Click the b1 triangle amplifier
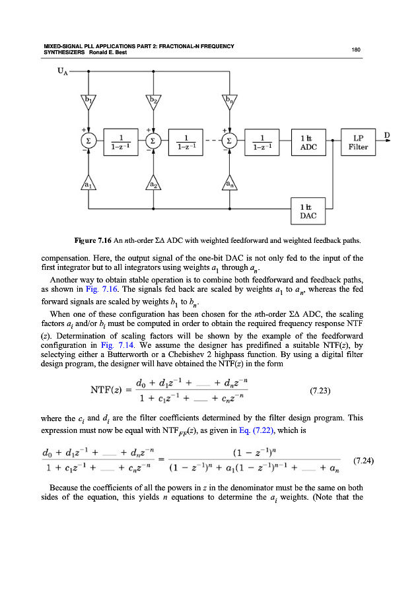pyautogui.click(x=87, y=101)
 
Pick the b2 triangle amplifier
pyautogui.click(x=153, y=101)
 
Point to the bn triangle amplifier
pyautogui.click(x=228, y=101)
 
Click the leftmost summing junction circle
pyautogui.click(x=87, y=143)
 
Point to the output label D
pyautogui.click(x=387, y=135)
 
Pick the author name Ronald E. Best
pyautogui.click(x=104, y=53)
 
